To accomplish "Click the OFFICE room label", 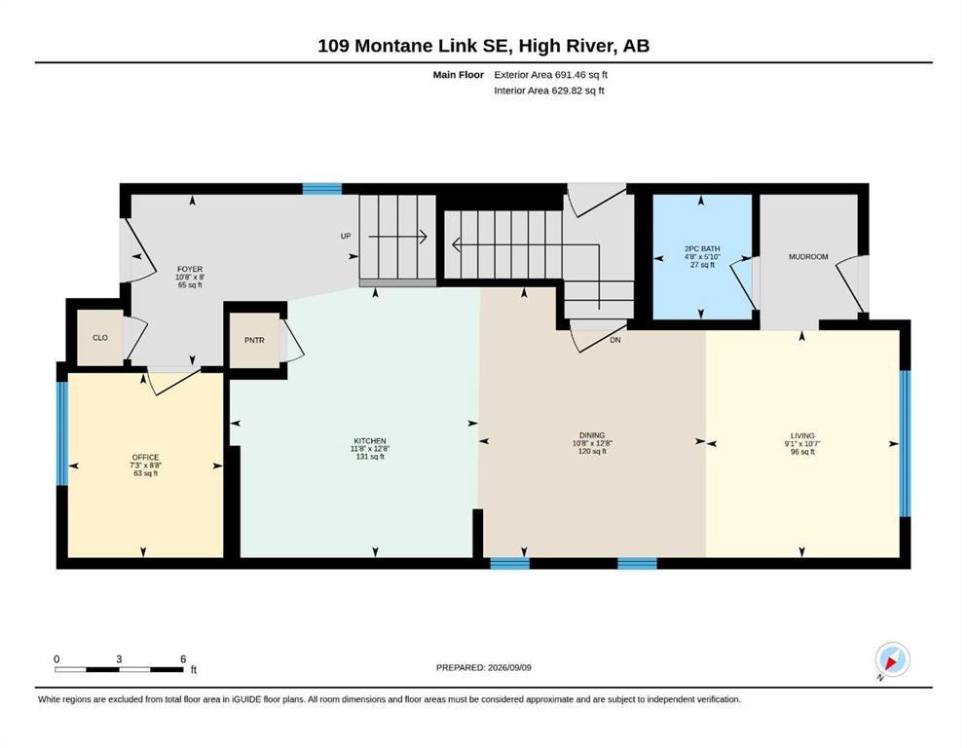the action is click(x=145, y=458).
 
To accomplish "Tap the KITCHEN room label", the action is click(x=370, y=441).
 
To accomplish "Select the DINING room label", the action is click(x=592, y=435).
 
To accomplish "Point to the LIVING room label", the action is click(x=802, y=435).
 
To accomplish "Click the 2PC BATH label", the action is click(x=702, y=248).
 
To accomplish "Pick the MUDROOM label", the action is click(x=808, y=256).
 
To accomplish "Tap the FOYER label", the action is click(x=190, y=269).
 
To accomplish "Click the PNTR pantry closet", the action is click(x=254, y=340).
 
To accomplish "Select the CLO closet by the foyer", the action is click(x=100, y=337).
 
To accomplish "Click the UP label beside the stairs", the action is click(x=346, y=236).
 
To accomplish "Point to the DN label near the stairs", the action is click(x=614, y=340).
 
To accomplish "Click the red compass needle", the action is click(x=891, y=663).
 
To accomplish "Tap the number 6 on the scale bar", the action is click(x=183, y=659).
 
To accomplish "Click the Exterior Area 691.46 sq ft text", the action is click(x=551, y=75).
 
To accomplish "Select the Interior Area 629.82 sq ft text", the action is click(x=549, y=91).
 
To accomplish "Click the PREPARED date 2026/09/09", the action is click(x=509, y=667).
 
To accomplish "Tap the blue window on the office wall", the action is click(x=61, y=433).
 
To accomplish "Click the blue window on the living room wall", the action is click(x=905, y=443).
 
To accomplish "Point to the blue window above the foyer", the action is click(x=322, y=189).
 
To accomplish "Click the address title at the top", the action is click(x=483, y=46).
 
